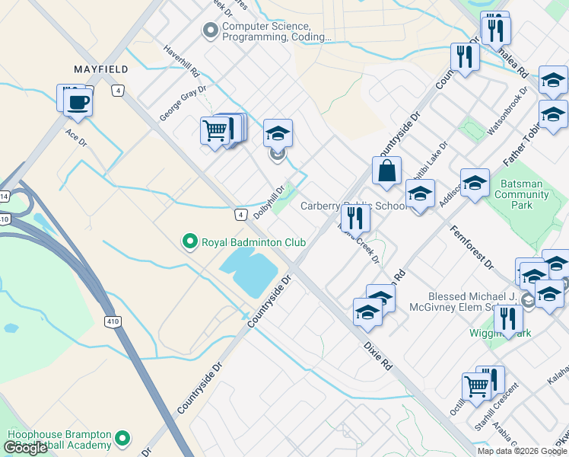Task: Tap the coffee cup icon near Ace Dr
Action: [x=77, y=101]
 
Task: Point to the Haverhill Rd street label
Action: [x=181, y=61]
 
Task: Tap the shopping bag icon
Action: [x=386, y=171]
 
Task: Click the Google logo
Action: [x=25, y=448]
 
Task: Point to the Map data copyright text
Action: [x=522, y=451]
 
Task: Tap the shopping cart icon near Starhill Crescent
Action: [x=477, y=385]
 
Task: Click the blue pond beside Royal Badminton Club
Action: [x=248, y=273]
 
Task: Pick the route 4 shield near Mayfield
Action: [x=117, y=90]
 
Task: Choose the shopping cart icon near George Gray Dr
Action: [x=215, y=130]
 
